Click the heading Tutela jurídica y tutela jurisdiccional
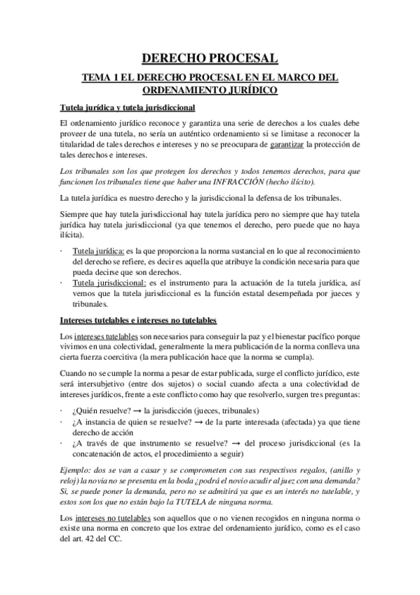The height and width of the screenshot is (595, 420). (128, 107)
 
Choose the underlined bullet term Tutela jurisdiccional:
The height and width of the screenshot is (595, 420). (107, 282)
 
